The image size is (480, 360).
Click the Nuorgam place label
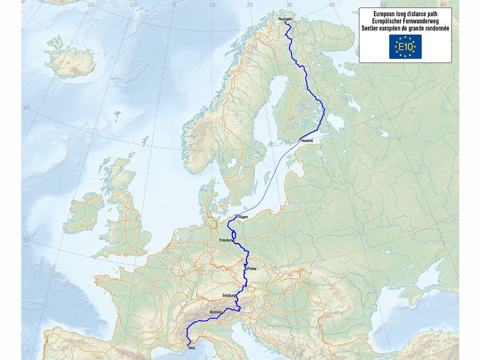[285, 18]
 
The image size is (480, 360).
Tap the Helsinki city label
[307, 140]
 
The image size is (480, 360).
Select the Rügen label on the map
[243, 217]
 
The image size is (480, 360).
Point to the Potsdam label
[226, 240]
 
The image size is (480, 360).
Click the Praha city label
[252, 269]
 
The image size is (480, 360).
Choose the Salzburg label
[229, 295]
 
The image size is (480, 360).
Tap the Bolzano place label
[216, 312]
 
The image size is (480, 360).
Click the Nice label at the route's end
[192, 348]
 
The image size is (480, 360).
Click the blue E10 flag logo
[405, 47]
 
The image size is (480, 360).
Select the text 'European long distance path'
[405, 14]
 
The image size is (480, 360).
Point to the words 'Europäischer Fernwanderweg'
[405, 21]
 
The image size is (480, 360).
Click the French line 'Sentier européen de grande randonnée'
[405, 28]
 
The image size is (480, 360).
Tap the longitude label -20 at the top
[90, 5]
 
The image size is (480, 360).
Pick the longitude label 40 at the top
[332, 5]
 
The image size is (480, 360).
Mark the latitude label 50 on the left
[26, 240]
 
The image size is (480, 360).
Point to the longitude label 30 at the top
[289, 5]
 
